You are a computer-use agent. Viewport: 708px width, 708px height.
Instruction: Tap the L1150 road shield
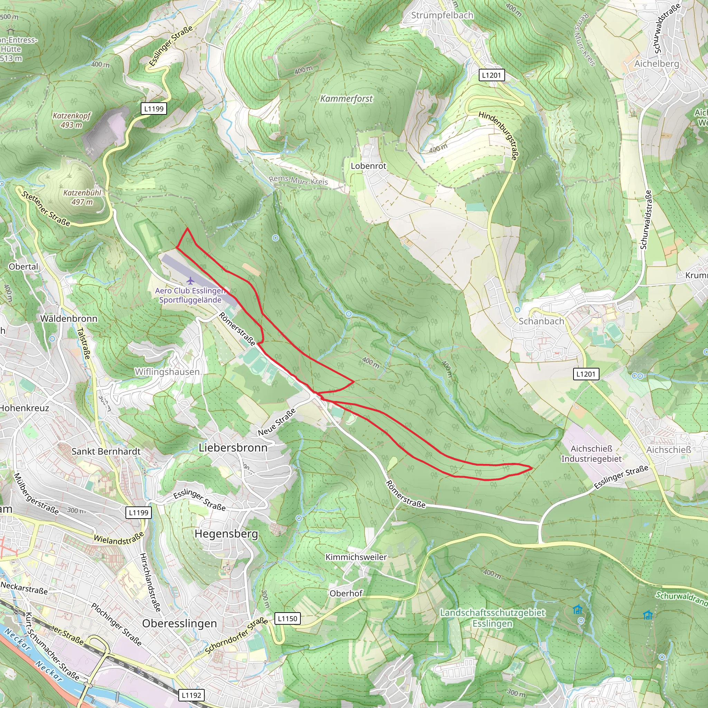(287, 618)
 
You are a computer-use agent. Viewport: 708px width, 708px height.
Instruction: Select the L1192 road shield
(191, 695)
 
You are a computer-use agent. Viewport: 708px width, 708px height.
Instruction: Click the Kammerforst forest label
(346, 99)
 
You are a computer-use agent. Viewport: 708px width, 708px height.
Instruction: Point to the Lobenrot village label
(368, 166)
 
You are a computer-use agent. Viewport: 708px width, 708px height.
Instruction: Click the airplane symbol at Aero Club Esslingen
(190, 281)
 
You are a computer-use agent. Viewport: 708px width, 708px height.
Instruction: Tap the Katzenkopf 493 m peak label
(72, 120)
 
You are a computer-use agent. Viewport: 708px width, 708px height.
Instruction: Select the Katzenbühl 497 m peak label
(82, 197)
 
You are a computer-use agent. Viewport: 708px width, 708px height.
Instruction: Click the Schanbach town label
(541, 322)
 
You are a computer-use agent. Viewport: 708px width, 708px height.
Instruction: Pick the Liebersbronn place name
(233, 447)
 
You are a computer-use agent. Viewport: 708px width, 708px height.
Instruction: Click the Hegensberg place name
(226, 533)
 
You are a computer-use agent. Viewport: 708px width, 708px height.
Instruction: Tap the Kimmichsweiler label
(356, 557)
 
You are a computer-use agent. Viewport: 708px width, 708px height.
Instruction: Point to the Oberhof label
(346, 593)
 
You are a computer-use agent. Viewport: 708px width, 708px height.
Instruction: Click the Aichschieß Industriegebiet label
(591, 454)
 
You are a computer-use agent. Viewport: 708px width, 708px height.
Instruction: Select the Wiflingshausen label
(167, 372)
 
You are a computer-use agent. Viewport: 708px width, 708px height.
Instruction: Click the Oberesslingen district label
(179, 623)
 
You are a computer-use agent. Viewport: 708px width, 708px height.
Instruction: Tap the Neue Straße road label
(277, 422)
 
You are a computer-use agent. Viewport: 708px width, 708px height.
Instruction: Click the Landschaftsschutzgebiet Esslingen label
(493, 618)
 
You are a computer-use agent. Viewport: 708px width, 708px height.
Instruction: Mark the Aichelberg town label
(657, 63)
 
